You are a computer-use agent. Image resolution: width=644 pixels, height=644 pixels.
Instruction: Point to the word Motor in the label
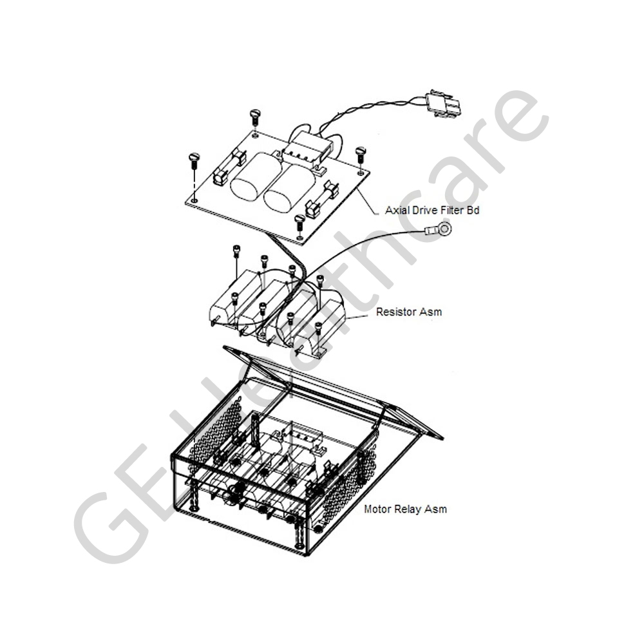point(377,509)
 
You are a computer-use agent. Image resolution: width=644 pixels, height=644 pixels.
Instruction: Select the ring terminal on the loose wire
point(439,229)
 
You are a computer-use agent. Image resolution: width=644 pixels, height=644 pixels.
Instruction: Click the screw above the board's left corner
point(193,160)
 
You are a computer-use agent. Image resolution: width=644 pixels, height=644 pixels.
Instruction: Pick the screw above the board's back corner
point(255,116)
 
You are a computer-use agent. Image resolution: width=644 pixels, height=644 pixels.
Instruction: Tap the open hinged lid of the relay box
point(333,392)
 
